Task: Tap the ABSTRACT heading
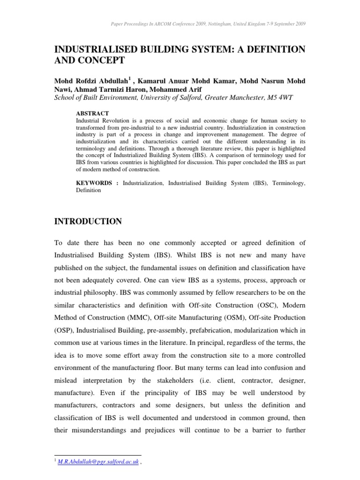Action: [92, 113]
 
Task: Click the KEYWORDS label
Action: [94, 183]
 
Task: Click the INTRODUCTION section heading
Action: [89, 221]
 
